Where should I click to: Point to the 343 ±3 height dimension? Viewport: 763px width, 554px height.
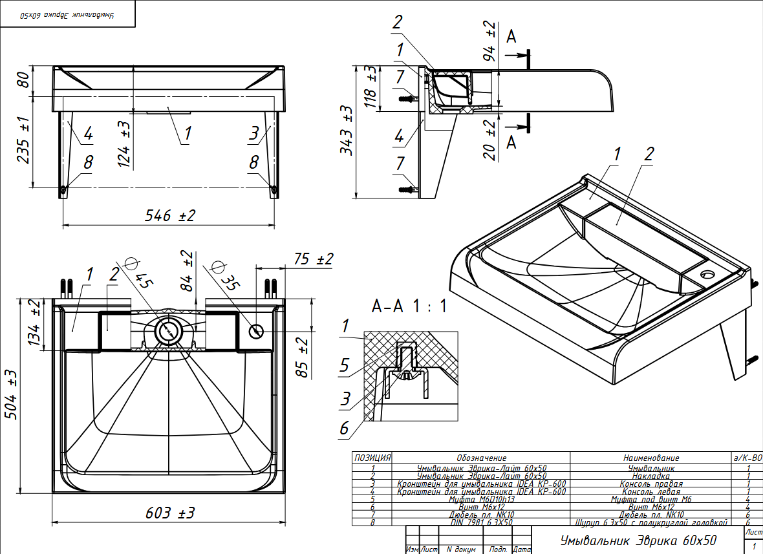coord(348,130)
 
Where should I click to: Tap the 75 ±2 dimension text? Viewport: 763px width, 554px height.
coord(313,259)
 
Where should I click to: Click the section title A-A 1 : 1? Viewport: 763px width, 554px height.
coord(409,305)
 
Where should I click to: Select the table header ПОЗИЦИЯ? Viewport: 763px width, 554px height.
coord(372,458)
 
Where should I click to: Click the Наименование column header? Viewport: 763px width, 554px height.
coord(651,458)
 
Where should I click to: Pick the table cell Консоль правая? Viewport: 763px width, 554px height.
coord(651,484)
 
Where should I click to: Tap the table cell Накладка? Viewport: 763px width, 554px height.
coord(651,476)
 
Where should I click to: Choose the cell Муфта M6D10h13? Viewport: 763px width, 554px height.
coord(481,499)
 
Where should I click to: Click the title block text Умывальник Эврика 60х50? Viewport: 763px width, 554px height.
coord(639,540)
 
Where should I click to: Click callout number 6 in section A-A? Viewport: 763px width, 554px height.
coord(345,428)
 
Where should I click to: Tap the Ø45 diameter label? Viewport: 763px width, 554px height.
coord(140,273)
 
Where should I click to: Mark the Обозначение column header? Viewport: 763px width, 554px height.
coord(481,458)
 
